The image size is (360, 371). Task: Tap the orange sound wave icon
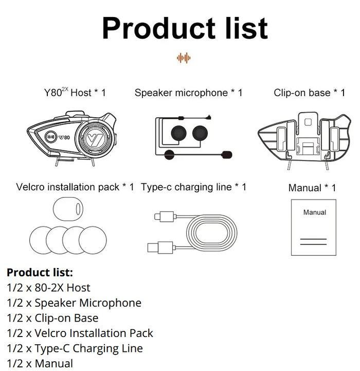183,58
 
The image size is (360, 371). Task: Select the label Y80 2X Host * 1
75,93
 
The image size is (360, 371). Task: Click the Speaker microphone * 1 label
188,93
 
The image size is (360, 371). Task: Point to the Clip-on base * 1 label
310,93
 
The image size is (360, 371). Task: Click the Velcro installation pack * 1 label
75,187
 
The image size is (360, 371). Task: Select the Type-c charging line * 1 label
193,187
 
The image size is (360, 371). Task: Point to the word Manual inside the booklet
314,212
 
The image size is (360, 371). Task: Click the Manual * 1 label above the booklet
312,188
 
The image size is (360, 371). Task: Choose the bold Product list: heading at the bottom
40,272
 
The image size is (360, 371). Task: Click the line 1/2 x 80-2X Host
48,288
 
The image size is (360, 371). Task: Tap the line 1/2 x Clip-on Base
52,318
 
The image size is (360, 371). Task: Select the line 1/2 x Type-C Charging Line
75,348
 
